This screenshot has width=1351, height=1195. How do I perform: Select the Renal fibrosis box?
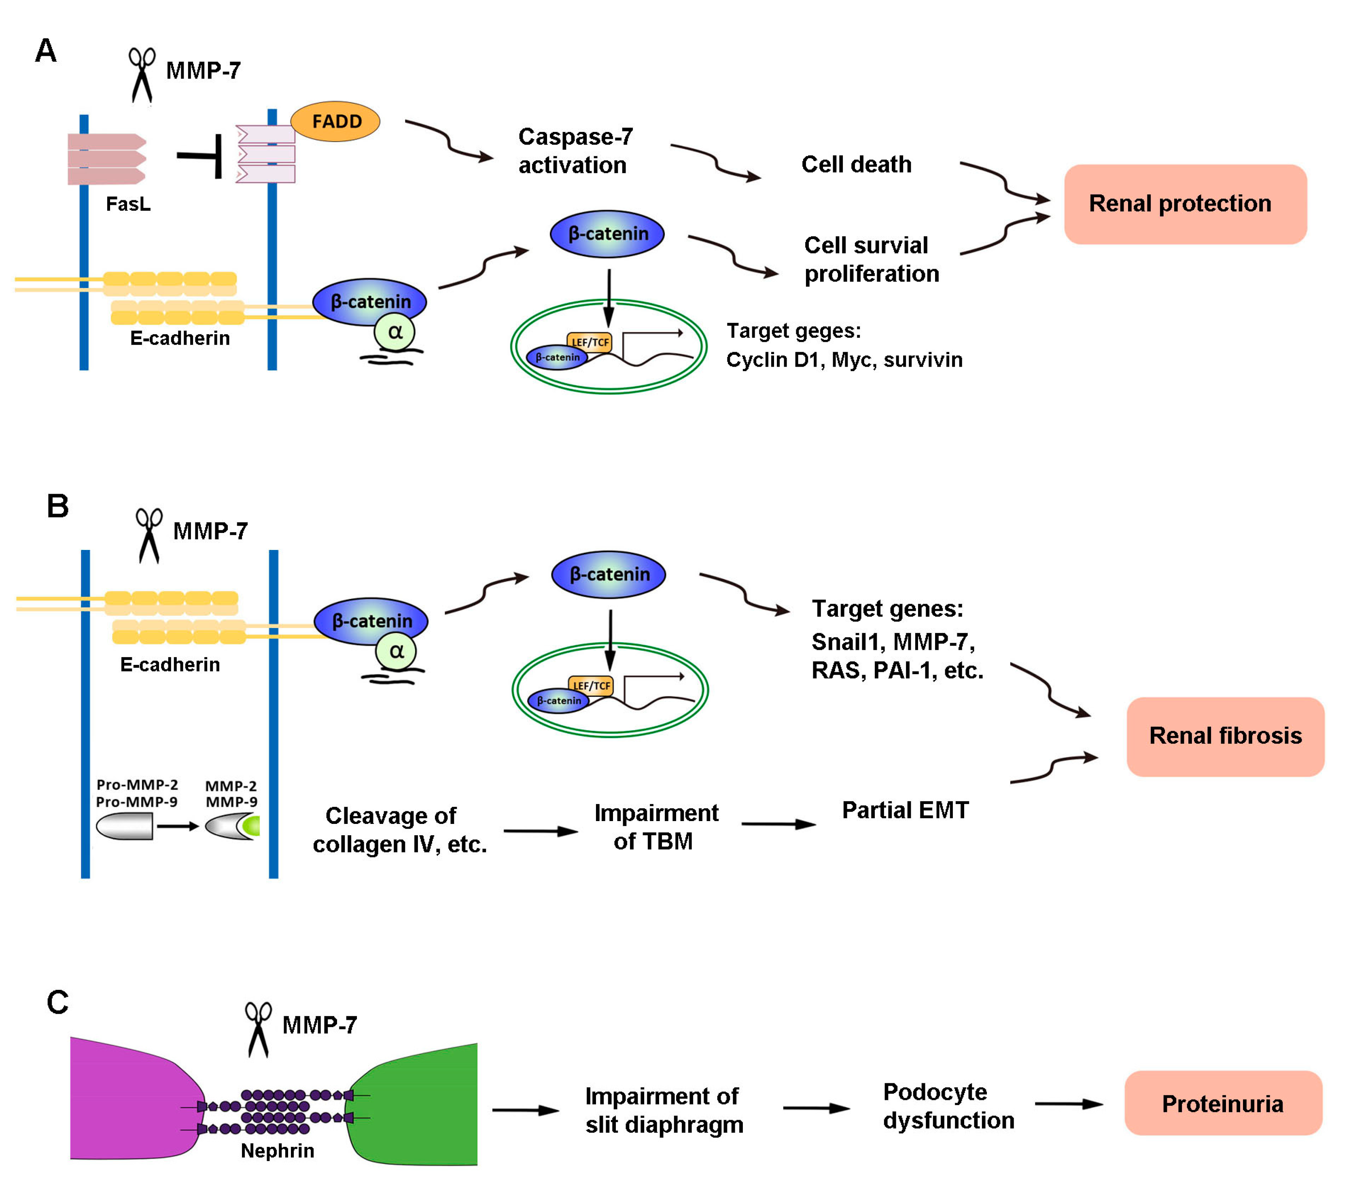[1225, 736]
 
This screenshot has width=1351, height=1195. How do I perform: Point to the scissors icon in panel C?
[258, 1028]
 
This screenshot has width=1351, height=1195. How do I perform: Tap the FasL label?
[128, 204]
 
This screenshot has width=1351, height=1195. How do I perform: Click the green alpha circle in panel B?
[396, 651]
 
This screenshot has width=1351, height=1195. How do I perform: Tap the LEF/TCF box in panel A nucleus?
[590, 342]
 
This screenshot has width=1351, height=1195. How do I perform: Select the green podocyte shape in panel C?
[423, 1104]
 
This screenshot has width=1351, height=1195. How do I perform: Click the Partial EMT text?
[905, 810]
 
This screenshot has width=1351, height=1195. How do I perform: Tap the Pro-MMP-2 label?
[137, 785]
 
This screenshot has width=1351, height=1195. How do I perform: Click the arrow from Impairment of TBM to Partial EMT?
[778, 824]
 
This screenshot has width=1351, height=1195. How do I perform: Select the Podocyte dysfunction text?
[948, 1106]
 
